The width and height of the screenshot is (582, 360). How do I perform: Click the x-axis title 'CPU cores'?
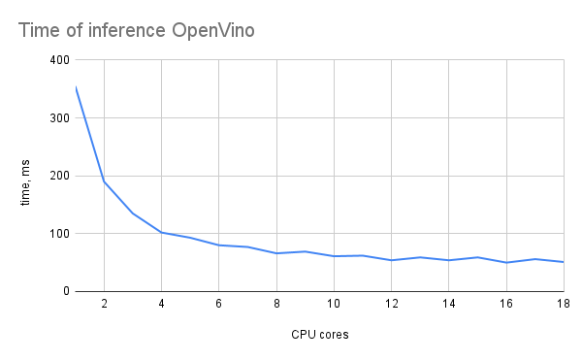(x=320, y=336)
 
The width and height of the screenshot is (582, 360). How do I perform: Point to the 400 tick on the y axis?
(x=58, y=60)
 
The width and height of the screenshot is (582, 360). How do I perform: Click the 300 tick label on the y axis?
(x=58, y=118)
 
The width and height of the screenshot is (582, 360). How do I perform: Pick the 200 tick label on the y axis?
(x=58, y=176)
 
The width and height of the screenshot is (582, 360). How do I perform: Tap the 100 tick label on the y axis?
(x=58, y=234)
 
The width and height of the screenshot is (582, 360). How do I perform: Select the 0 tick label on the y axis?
(x=65, y=291)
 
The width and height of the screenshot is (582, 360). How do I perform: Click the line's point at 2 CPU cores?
(x=104, y=181)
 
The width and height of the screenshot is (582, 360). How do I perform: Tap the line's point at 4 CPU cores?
(x=161, y=233)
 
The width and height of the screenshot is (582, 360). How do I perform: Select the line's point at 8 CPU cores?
(x=276, y=253)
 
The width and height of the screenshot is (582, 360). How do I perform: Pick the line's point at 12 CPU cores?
(x=391, y=260)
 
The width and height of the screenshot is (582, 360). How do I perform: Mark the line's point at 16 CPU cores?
(x=505, y=262)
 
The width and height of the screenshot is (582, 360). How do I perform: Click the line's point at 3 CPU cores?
(x=133, y=213)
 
